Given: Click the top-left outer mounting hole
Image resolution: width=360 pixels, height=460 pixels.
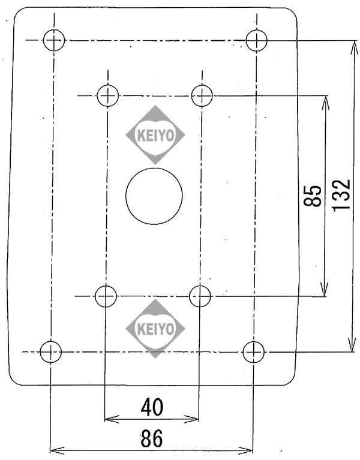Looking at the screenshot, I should tap(54, 40).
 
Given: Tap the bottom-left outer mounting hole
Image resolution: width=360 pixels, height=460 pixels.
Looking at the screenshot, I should tap(50, 351).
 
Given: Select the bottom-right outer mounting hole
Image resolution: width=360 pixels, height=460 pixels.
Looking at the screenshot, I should tap(253, 351).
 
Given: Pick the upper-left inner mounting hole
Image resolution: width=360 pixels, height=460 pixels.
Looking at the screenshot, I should tap(109, 95).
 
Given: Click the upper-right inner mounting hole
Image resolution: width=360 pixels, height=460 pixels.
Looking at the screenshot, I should tap(202, 95).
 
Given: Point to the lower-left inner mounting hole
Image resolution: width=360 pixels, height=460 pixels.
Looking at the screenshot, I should tap(106, 296).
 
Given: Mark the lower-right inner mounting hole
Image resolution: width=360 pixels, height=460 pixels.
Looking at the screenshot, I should tap(200, 296).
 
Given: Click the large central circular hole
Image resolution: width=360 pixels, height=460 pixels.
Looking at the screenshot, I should tap(154, 196).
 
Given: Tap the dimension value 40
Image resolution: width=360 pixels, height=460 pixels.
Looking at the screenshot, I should tap(152, 407).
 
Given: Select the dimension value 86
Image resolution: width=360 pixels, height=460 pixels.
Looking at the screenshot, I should tap(152, 438).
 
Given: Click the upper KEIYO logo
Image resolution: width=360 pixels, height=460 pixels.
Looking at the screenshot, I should tap(155, 135).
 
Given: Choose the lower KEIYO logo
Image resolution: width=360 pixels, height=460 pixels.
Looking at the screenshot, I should tap(155, 329).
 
